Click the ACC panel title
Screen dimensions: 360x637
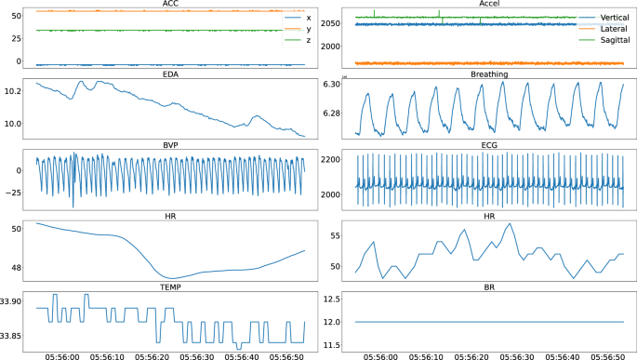point(170,4)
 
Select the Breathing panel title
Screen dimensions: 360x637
point(488,75)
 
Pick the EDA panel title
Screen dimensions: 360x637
point(170,75)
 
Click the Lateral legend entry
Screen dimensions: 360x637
point(596,31)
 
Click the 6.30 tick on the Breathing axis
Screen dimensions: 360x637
point(330,84)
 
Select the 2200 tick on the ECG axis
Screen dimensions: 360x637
point(330,160)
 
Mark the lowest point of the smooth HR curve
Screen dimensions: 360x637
point(172,278)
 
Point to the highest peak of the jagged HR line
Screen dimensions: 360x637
point(510,224)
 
